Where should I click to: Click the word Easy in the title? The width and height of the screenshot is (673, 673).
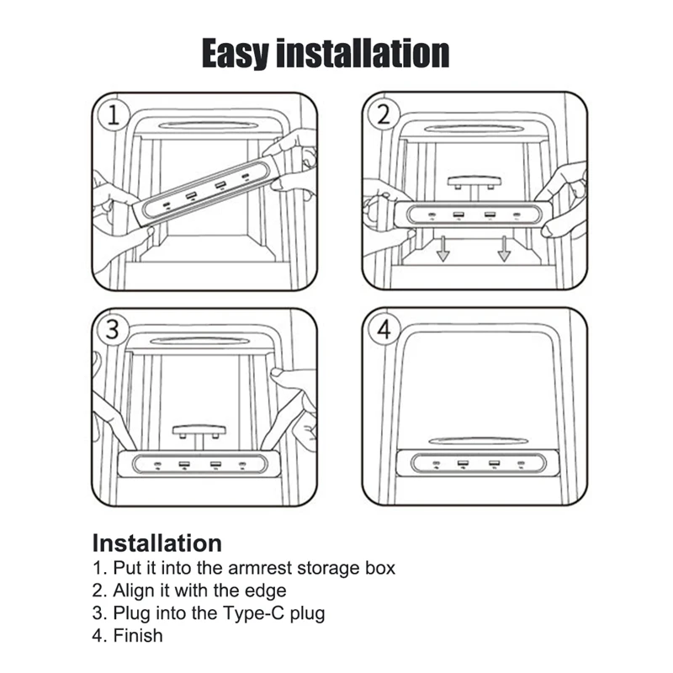(238, 52)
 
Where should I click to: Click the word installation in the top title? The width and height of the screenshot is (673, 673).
(363, 52)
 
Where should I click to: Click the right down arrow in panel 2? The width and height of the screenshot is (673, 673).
(504, 248)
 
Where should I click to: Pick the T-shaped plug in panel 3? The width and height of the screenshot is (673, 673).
(199, 434)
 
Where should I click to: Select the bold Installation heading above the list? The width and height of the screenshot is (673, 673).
(156, 543)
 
